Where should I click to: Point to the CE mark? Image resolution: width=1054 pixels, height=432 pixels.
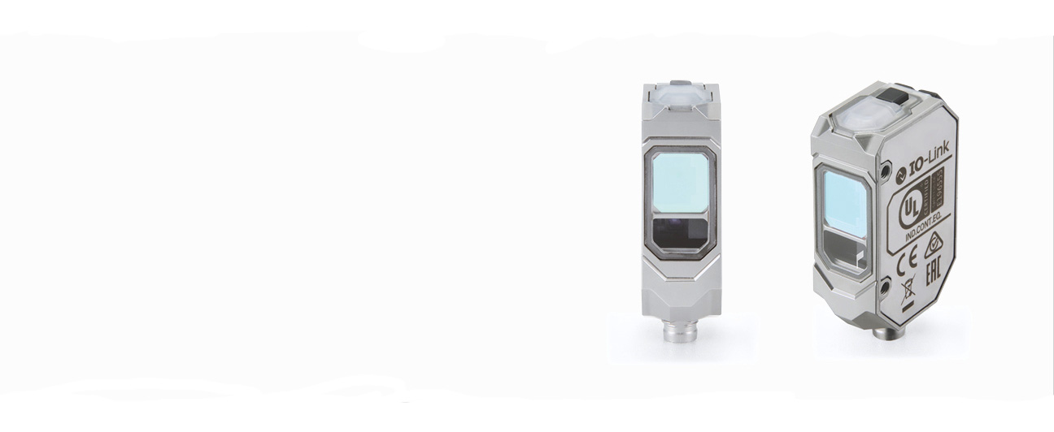pos(907,264)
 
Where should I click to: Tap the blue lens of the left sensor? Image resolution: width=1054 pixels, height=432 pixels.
pos(680,183)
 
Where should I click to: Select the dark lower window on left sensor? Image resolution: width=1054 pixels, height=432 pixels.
pos(680,233)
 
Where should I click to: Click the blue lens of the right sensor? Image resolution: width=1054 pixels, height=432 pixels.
pos(846,205)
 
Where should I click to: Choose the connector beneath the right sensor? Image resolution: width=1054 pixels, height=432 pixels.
pos(882,332)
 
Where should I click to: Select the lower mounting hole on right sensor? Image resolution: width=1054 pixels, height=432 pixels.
pos(884,287)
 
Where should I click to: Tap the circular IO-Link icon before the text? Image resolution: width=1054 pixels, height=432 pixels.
pos(900,173)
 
